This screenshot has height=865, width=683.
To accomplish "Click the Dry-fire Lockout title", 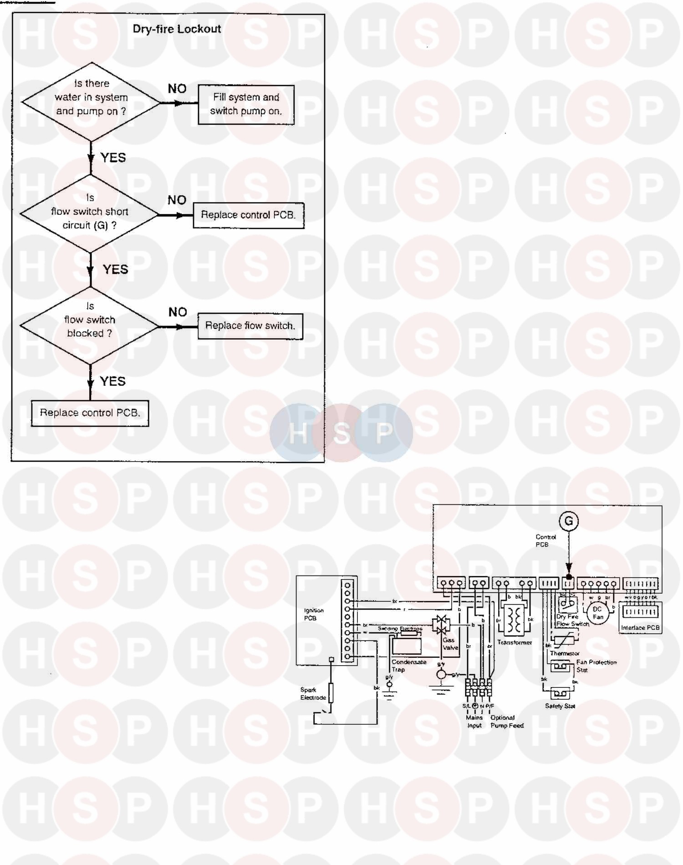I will (177, 29).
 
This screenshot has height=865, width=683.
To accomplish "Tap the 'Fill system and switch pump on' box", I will (246, 104).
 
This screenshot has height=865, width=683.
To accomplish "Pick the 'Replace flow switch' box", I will (250, 326).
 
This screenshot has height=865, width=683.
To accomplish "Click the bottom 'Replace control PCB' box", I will (90, 413).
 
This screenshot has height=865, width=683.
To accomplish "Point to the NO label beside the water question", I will (177, 89).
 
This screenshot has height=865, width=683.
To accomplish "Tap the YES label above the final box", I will (113, 381).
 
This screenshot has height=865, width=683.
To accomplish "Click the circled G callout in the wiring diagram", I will (568, 521).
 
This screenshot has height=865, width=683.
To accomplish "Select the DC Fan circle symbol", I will (597, 613).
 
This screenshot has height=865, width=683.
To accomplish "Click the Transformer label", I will (515, 642).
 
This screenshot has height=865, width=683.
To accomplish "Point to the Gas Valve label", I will (450, 644).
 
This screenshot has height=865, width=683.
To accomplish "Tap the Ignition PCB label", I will (314, 614).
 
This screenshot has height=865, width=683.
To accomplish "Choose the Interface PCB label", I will (640, 628).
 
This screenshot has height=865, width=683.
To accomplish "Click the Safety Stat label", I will (560, 706).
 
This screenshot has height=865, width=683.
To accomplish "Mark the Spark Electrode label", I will (313, 693).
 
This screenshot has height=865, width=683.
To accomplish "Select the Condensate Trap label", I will (408, 666).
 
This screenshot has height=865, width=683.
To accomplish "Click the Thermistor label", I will (565, 653).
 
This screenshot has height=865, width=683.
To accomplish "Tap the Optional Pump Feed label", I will (506, 722).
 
